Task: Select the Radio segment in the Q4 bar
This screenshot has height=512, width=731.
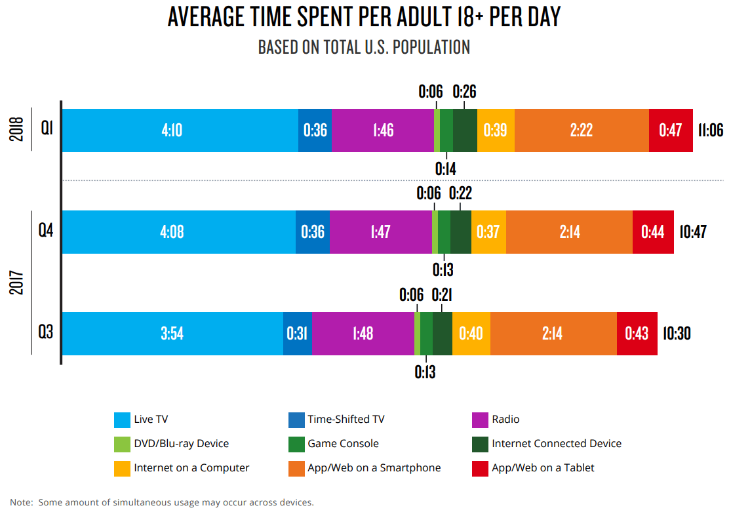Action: tap(381, 232)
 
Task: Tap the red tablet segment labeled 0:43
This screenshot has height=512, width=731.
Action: tap(637, 334)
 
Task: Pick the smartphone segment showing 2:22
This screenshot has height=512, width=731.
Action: tap(582, 130)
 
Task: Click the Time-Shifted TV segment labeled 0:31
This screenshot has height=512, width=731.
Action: tap(297, 334)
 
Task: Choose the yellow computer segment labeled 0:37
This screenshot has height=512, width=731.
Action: tap(488, 232)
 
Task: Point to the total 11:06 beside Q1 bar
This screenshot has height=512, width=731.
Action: tap(711, 130)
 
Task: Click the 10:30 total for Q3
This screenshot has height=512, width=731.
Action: tap(676, 334)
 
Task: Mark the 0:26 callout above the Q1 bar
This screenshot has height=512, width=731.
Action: tap(465, 91)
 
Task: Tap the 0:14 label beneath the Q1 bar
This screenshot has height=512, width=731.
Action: tap(446, 169)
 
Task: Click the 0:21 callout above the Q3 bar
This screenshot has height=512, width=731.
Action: tap(442, 295)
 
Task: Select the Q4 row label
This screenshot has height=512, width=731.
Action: tap(46, 231)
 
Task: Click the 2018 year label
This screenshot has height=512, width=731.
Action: tap(18, 130)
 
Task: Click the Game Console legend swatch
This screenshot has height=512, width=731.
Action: tap(296, 444)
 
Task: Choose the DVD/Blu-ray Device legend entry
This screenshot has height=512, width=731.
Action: tap(181, 444)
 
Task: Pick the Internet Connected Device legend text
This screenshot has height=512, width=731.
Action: tap(556, 444)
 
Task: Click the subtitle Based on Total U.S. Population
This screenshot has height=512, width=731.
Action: tap(364, 48)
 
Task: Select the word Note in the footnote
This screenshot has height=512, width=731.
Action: tap(21, 503)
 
